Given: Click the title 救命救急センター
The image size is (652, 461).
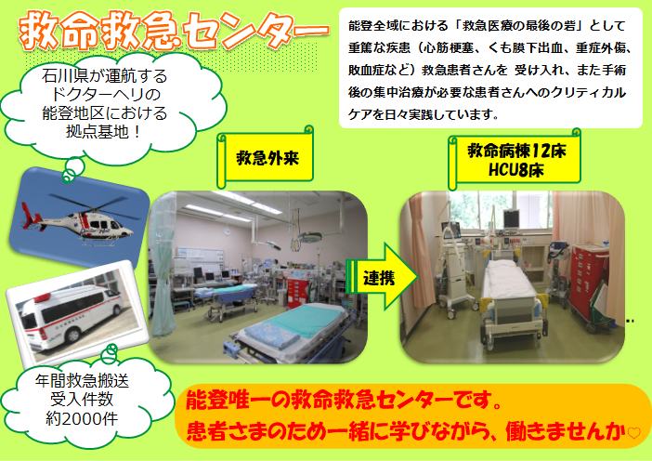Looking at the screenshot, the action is pyautogui.click(x=174, y=32).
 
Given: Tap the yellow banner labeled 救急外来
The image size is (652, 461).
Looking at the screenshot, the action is pyautogui.click(x=267, y=158).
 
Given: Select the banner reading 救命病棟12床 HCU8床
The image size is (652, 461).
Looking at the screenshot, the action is pyautogui.click(x=515, y=160).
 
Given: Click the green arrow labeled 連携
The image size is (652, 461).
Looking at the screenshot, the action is pyautogui.click(x=382, y=277).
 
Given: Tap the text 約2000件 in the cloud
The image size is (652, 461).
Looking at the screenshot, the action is pyautogui.click(x=82, y=418).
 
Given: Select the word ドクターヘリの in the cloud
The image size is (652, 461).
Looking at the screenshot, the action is pyautogui.click(x=105, y=95).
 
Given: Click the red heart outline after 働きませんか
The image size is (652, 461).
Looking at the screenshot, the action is pyautogui.click(x=634, y=433).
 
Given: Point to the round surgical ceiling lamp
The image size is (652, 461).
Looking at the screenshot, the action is pyautogui.click(x=309, y=237).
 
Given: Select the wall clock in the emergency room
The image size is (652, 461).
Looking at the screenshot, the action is pyautogui.click(x=228, y=230).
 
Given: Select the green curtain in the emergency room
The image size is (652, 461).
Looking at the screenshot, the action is pyautogui.click(x=163, y=266).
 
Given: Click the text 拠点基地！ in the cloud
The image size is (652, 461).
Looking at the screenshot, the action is pyautogui.click(x=104, y=132).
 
